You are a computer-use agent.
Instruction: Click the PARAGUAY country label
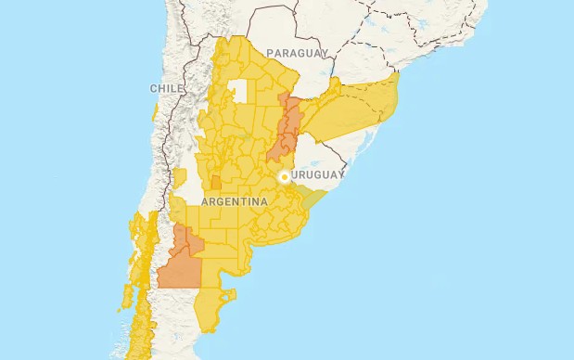point(298,54)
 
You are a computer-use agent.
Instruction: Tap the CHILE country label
point(166,88)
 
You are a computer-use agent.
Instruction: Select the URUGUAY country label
point(318,174)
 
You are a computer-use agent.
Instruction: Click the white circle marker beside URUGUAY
point(284,175)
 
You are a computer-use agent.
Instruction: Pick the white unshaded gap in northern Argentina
point(242,91)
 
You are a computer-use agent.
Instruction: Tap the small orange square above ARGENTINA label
point(216,183)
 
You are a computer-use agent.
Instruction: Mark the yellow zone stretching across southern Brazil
point(357,107)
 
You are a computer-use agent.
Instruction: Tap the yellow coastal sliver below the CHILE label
point(154,113)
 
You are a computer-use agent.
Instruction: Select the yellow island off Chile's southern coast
point(125,297)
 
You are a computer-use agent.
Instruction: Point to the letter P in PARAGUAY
point(270,54)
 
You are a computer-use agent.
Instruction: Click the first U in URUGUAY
point(294,174)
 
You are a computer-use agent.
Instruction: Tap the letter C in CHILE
point(153,88)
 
